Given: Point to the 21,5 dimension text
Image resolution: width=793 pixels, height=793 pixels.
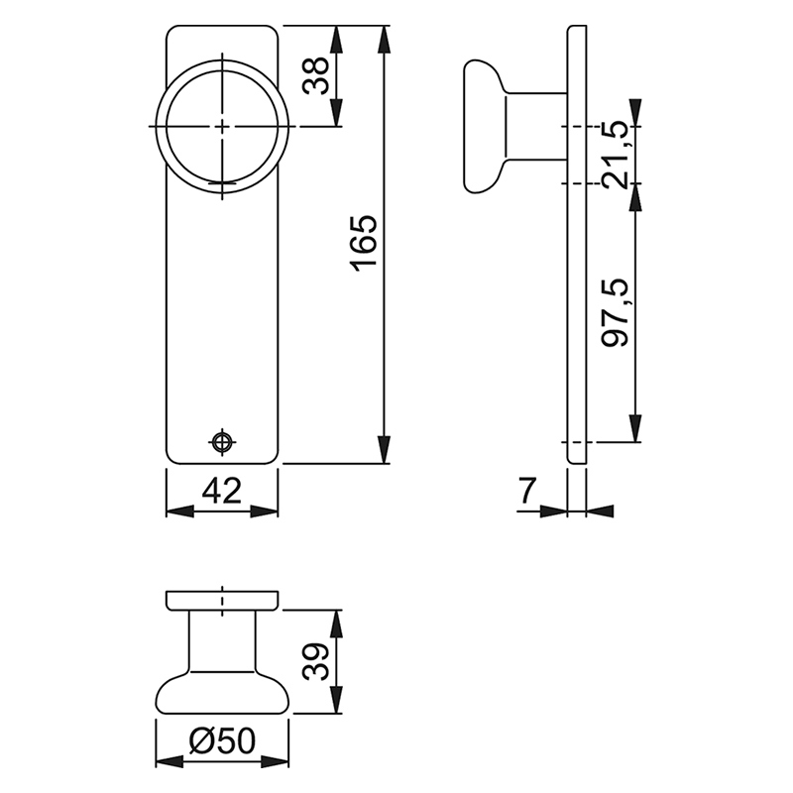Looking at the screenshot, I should [x=617, y=154].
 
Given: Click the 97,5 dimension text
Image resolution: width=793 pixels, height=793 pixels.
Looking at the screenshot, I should [x=617, y=312].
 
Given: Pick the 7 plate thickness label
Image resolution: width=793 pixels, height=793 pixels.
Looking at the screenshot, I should [x=526, y=491].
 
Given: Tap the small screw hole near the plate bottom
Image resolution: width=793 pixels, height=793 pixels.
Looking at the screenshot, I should [x=223, y=441].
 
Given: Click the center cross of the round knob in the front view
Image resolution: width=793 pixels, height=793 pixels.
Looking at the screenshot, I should [x=223, y=126].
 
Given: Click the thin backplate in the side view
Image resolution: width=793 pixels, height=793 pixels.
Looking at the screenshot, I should [x=576, y=243].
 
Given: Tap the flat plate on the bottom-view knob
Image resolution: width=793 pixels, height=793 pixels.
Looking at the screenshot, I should [x=222, y=599].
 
